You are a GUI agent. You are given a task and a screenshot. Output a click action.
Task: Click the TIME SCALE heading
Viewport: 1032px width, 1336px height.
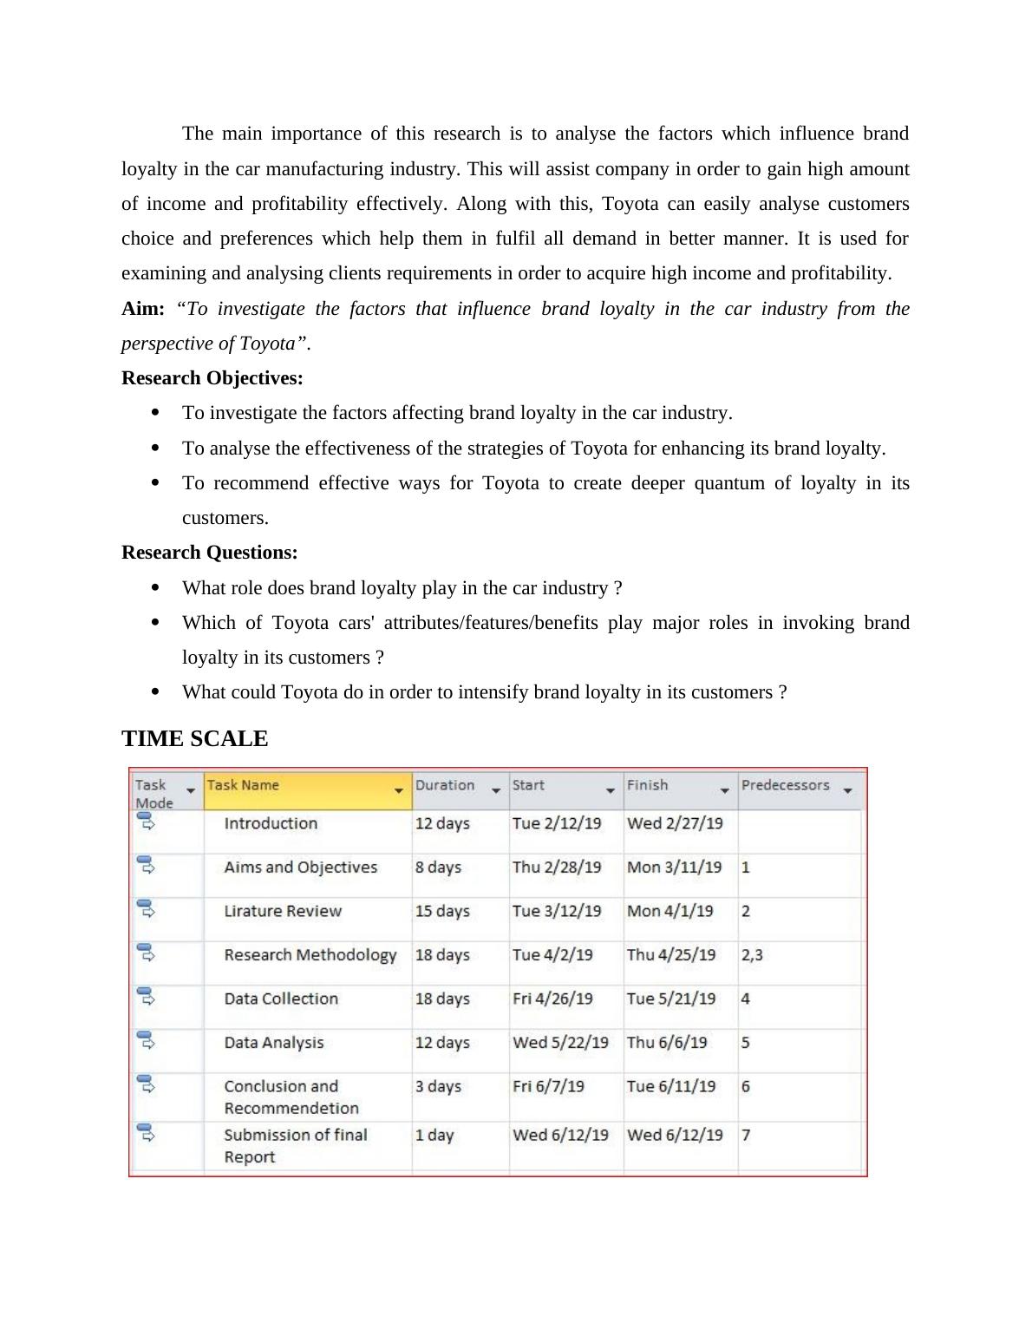[x=194, y=738]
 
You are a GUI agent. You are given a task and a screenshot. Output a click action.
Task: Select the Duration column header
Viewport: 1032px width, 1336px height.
[x=445, y=785]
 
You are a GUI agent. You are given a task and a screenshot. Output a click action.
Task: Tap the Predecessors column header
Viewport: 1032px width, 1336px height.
[x=785, y=785]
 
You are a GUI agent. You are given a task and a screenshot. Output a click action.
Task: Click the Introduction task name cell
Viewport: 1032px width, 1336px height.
[x=271, y=823]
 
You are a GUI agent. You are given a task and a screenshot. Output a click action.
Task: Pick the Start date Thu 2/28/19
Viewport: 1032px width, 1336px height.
[x=556, y=867]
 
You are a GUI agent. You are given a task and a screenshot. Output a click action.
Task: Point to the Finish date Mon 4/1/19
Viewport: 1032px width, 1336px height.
[x=669, y=911]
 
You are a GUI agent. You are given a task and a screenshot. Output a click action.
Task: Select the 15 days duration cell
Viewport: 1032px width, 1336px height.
[x=442, y=911]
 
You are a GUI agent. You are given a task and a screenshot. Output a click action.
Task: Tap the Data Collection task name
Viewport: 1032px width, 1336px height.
[x=281, y=999]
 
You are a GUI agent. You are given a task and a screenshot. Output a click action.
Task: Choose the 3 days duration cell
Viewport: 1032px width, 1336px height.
[x=438, y=1086]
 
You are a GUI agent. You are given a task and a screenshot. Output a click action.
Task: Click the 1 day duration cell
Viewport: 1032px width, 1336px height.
[x=434, y=1135]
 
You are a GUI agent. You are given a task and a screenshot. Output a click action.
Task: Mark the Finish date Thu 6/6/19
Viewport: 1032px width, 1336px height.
[x=667, y=1042]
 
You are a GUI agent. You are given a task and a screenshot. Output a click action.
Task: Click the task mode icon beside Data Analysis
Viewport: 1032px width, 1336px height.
[x=146, y=1039]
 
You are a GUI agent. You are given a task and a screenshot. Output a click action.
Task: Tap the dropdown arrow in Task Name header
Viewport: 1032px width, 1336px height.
[x=399, y=790]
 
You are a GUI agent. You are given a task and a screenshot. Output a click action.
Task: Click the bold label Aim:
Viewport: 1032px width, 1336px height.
[x=143, y=309]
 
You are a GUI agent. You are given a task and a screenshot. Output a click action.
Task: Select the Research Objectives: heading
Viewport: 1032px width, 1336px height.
[x=212, y=378]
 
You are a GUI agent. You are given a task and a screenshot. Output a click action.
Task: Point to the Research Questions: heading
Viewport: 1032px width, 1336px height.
[x=210, y=553]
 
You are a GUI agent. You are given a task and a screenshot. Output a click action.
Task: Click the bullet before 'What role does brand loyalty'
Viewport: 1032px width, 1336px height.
[x=155, y=587]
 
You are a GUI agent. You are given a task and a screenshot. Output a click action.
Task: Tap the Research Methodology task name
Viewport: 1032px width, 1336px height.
[x=310, y=954]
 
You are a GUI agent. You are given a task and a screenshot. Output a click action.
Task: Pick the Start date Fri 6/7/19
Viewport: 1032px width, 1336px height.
[x=548, y=1086]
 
